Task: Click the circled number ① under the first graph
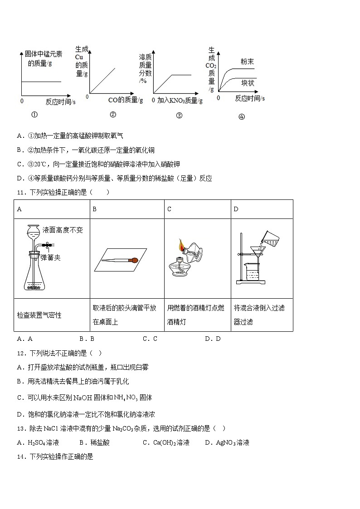pyautogui.click(x=34, y=115)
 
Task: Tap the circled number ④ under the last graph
pyautogui.click(x=241, y=116)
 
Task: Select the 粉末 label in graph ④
pyautogui.click(x=247, y=61)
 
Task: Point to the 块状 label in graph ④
pyautogui.click(x=248, y=83)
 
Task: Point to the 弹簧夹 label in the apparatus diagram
pyautogui.click(x=50, y=257)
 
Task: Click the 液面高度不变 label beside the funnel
pyautogui.click(x=63, y=230)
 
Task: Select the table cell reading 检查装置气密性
pyautogui.click(x=39, y=315)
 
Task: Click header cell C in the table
pyautogui.click(x=169, y=209)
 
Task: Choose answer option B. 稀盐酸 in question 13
pyautogui.click(x=94, y=442)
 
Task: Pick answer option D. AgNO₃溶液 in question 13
pyautogui.click(x=227, y=442)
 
